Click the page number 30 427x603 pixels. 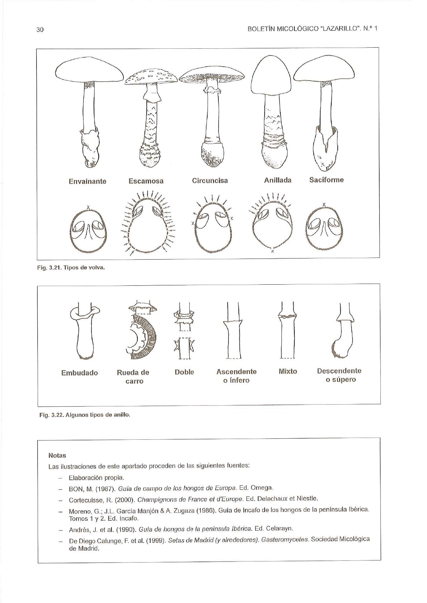click(40, 30)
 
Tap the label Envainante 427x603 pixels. click(87, 182)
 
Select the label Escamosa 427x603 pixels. click(146, 181)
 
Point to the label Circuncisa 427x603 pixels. click(210, 180)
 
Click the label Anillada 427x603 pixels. click(277, 180)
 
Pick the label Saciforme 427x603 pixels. click(327, 180)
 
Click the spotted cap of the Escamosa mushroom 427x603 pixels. click(151, 76)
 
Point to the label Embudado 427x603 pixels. click(80, 373)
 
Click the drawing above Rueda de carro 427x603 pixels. click(142, 330)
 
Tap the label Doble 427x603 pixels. click(184, 372)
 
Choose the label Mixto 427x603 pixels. click(288, 371)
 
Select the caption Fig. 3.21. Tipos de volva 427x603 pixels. click(71, 268)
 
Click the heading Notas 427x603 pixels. click(57, 455)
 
